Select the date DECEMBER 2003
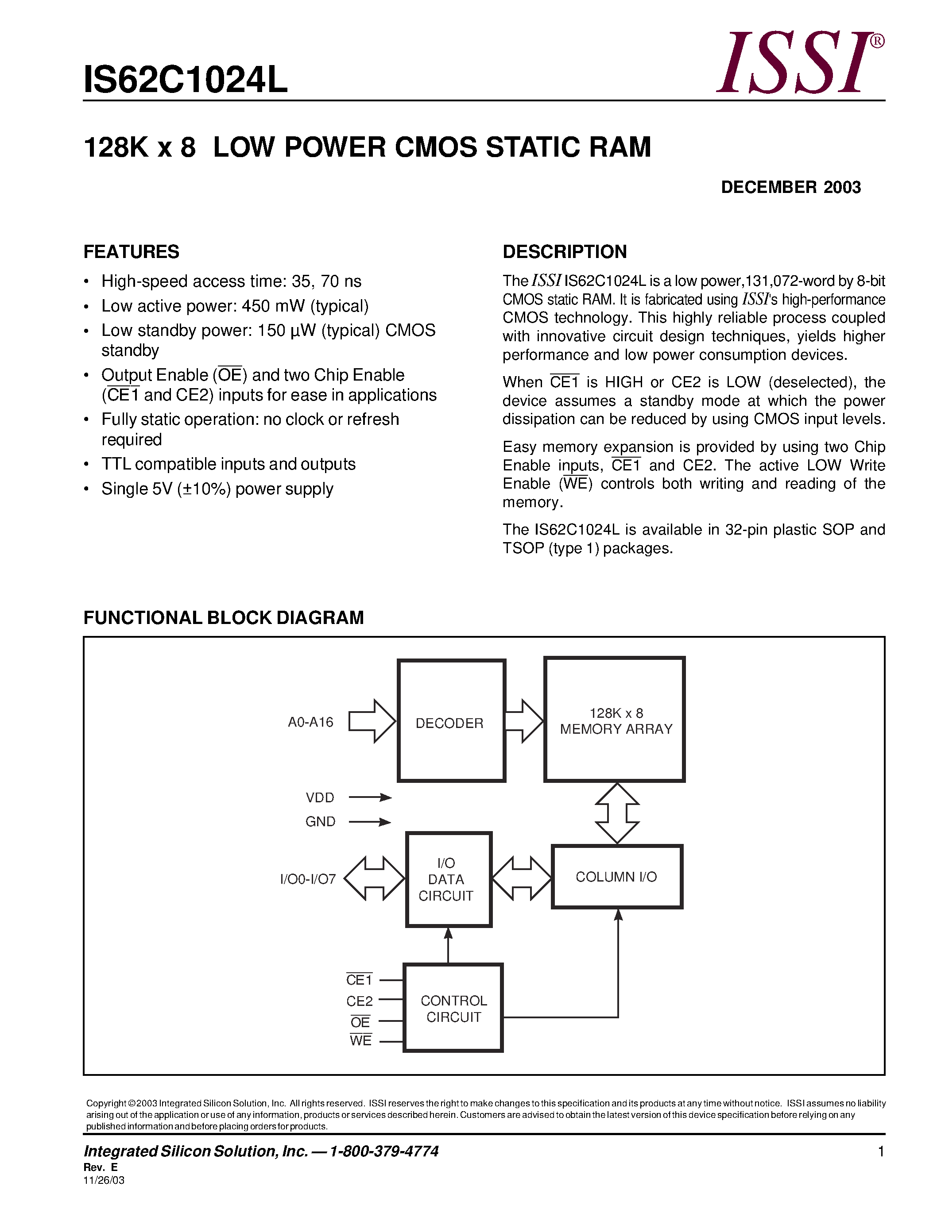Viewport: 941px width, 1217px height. point(790,187)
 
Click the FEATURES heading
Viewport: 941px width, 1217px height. point(131,252)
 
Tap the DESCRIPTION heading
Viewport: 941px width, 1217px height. point(564,252)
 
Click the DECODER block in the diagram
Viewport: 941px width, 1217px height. point(450,722)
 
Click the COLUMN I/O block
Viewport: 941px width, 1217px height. point(616,877)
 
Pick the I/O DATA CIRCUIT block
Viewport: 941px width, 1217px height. point(448,879)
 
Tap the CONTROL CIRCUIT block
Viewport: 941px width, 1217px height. point(453,1009)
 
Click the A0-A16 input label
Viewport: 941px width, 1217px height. point(310,722)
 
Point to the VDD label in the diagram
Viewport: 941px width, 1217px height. point(320,797)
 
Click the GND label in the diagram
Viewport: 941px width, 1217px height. point(320,822)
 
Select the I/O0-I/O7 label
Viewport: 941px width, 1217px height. point(308,879)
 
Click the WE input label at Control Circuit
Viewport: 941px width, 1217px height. point(360,1040)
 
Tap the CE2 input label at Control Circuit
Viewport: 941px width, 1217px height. point(359,1001)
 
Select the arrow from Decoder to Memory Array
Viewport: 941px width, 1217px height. point(523,721)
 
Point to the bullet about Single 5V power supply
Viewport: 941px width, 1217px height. point(217,489)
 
